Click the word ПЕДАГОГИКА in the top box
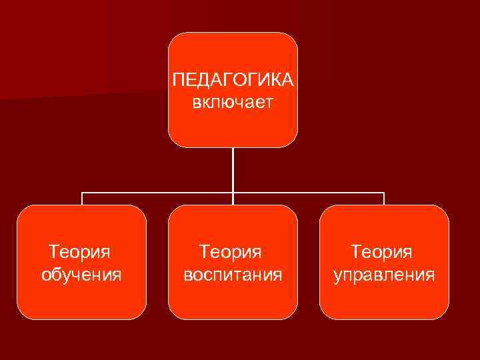point(233,80)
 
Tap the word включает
point(233,102)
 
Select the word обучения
point(81,274)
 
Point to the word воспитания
point(233,274)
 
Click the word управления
point(384,274)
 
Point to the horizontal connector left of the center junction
point(157,193)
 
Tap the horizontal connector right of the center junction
point(308,193)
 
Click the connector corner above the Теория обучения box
point(81,193)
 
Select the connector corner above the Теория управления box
point(384,193)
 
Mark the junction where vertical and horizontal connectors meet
point(233,193)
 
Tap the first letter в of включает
point(196,103)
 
